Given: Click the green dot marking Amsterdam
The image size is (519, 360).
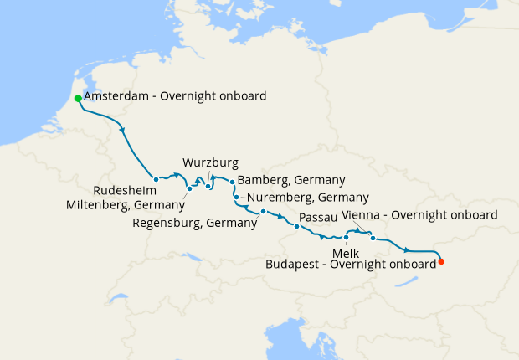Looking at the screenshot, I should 78,98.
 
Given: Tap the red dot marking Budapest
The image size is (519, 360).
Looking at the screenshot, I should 441,261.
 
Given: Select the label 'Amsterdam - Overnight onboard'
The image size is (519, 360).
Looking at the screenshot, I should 175,96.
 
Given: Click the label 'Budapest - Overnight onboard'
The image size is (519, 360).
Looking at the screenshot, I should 350,263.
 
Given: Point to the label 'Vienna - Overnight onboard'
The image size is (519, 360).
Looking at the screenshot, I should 420,215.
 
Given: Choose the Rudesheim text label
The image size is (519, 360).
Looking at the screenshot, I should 123,189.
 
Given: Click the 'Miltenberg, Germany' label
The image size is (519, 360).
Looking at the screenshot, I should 125,204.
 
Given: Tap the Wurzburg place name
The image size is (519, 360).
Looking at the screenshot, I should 210,162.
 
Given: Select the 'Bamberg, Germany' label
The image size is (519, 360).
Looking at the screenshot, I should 291,180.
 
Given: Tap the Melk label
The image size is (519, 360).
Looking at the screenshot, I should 345,251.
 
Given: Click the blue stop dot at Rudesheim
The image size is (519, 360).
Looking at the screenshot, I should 156,178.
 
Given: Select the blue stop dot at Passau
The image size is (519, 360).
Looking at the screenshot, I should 296,226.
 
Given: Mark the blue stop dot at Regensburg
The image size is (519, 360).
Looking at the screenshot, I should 263,211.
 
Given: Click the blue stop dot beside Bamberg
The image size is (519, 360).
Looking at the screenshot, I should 232,181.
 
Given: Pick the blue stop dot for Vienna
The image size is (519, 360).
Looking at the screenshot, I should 373,238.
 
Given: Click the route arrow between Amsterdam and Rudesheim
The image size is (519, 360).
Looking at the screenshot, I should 124,129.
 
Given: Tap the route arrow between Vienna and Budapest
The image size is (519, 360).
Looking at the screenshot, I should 408,249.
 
